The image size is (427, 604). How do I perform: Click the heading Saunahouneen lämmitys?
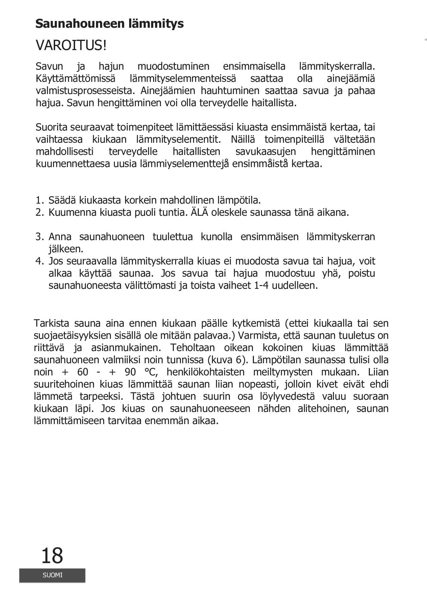[x=110, y=24]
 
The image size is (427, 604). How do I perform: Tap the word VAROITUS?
[x=71, y=45]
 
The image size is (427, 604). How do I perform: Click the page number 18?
[x=52, y=556]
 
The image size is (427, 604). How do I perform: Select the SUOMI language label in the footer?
[x=52, y=575]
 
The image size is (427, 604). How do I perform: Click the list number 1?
[x=39, y=200]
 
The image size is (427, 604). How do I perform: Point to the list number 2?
[x=39, y=212]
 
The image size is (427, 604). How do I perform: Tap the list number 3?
[x=39, y=237]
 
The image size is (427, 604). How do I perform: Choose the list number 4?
[x=39, y=261]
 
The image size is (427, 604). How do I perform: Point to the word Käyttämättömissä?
[x=75, y=79]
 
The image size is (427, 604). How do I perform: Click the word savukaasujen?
[x=265, y=152]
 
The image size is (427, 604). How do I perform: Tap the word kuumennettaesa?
[x=73, y=164]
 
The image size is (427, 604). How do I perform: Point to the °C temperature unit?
[x=150, y=372]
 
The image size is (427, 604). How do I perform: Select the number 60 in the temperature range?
[x=83, y=372]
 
